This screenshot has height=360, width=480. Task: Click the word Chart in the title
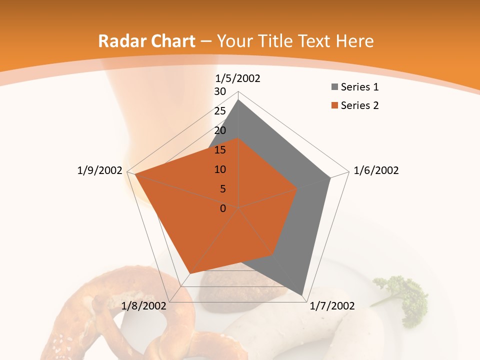[x=170, y=41]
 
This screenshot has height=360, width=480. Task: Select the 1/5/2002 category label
[x=238, y=78]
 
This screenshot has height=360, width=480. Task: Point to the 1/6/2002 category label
[x=376, y=170]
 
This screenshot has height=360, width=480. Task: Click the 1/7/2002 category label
[x=332, y=306]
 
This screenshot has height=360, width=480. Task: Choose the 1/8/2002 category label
[x=144, y=306]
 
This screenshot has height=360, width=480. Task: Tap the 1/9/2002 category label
[x=100, y=170]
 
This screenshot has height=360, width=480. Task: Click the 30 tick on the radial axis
[x=220, y=91]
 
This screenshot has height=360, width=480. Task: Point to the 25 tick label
[x=220, y=111]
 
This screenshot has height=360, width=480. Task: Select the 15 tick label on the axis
[x=220, y=150]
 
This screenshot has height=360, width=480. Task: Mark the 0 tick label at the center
[x=223, y=208]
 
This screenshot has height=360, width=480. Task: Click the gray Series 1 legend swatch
[x=334, y=87]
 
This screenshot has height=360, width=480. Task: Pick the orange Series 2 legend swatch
[x=334, y=105]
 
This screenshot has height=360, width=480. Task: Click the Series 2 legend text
[x=359, y=105]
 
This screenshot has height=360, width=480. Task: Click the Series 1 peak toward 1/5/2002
[x=238, y=100]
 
